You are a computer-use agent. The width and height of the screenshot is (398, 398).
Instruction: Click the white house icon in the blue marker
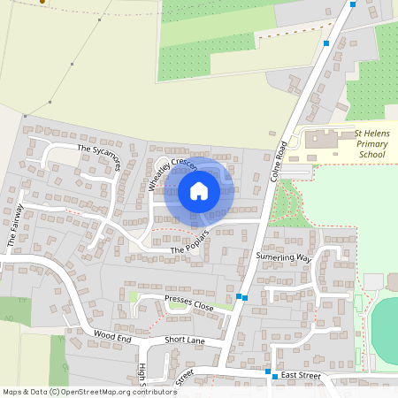[199, 190]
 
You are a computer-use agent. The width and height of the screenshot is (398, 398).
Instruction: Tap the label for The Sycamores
[97, 154]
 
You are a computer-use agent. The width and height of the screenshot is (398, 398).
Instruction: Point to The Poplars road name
[188, 244]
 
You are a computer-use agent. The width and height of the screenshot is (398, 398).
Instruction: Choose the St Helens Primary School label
[371, 144]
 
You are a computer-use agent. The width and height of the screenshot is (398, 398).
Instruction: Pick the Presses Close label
[189, 302]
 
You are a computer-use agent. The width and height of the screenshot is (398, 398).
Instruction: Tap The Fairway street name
[14, 225]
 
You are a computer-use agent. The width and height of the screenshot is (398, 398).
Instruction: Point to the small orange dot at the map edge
[42, 2]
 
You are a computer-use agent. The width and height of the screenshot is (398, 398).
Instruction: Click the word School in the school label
[372, 154]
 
